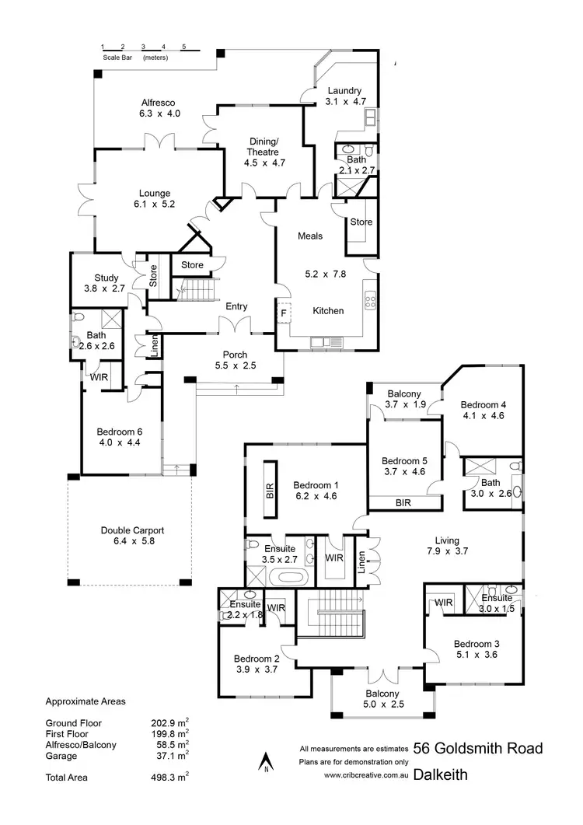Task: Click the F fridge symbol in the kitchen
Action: (x=284, y=313)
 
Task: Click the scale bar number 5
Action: (x=183, y=47)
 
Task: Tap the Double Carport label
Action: (x=132, y=530)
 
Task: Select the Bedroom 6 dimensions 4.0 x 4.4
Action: (x=119, y=442)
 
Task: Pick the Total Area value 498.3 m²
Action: (x=169, y=776)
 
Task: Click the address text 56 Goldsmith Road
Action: (x=477, y=749)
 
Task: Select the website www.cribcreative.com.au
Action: (x=366, y=775)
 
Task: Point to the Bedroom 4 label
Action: (x=483, y=404)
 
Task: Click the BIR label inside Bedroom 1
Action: (x=271, y=490)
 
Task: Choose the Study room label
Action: (x=106, y=277)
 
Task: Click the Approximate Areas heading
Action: (x=86, y=701)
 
